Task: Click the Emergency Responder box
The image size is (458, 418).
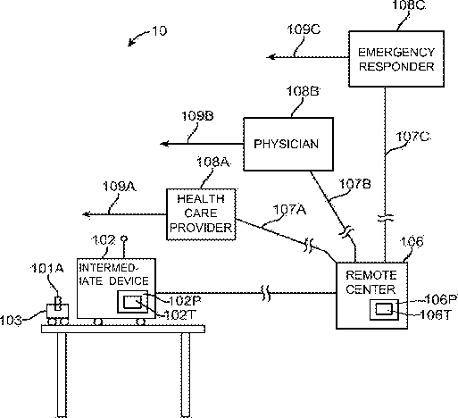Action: pyautogui.click(x=396, y=59)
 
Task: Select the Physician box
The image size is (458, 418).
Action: pyautogui.click(x=288, y=144)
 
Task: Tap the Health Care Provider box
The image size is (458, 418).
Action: pyautogui.click(x=201, y=214)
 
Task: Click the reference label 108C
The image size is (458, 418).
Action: pyautogui.click(x=409, y=5)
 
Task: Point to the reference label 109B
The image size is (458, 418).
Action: pyautogui.click(x=197, y=116)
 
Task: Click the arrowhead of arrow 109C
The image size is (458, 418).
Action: pyautogui.click(x=271, y=56)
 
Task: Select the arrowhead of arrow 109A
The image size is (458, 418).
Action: pyautogui.click(x=86, y=214)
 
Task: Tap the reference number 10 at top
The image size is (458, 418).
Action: pyautogui.click(x=160, y=31)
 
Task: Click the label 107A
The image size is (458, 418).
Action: pyautogui.click(x=289, y=210)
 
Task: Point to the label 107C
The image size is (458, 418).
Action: pyautogui.click(x=412, y=137)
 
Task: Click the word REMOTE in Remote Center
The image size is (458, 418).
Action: pyautogui.click(x=371, y=275)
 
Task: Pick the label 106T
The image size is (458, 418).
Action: pyautogui.click(x=435, y=314)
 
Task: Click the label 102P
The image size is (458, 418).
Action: pyautogui.click(x=185, y=301)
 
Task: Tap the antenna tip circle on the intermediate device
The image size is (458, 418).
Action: pyautogui.click(x=124, y=238)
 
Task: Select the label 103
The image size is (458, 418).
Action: pyautogui.click(x=11, y=321)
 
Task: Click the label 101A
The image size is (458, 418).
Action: pyautogui.click(x=47, y=269)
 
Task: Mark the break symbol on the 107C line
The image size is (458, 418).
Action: pyautogui.click(x=386, y=218)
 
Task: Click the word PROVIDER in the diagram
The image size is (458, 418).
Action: pyautogui.click(x=201, y=228)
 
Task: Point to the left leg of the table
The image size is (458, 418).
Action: pyautogui.click(x=62, y=375)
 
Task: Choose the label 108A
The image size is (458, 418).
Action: pyautogui.click(x=213, y=163)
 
